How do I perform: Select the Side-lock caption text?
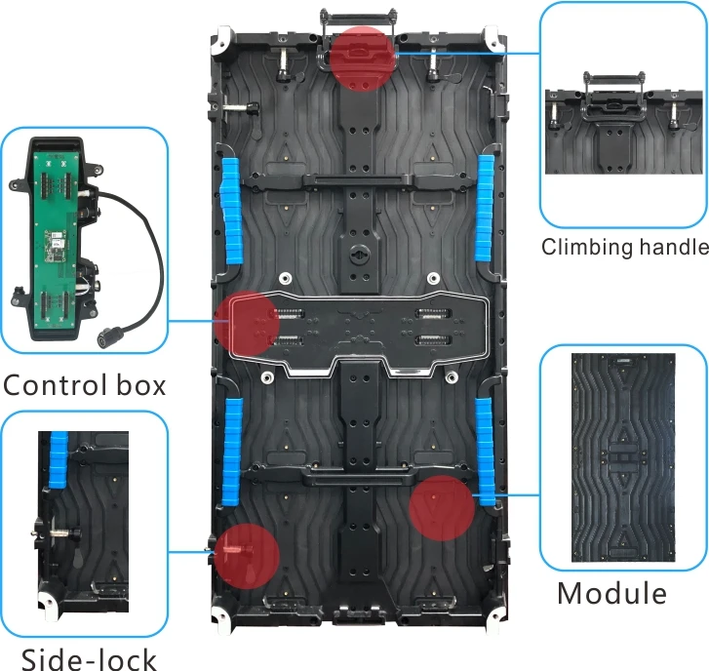click(88, 659)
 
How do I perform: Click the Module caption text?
click(611, 592)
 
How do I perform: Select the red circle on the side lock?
click(248, 553)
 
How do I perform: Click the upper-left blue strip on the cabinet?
click(230, 210)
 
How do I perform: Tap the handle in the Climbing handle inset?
click(614, 79)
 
